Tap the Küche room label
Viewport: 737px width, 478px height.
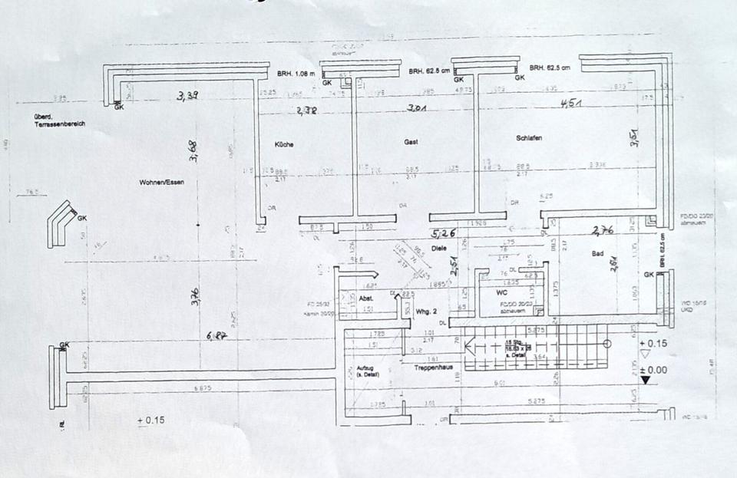(284, 144)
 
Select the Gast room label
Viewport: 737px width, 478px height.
(411, 143)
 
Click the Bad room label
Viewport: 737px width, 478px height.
(598, 253)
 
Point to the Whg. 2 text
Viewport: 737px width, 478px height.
(426, 311)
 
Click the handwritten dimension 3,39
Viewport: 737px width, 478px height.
(187, 97)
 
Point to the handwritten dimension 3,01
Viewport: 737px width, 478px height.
(417, 109)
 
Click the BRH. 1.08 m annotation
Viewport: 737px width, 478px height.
(296, 74)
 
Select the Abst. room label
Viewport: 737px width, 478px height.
(366, 298)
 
